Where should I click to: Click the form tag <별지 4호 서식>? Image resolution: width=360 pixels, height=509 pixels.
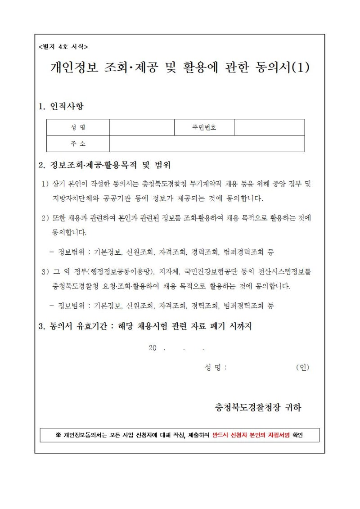63,47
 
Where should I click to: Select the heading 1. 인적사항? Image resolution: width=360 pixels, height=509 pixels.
61,107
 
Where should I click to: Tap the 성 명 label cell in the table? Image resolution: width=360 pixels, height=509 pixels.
78,127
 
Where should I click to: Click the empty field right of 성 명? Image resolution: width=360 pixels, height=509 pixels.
142,127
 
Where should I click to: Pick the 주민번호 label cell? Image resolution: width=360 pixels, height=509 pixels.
204,127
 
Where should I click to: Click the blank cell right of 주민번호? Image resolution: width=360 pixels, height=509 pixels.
269,127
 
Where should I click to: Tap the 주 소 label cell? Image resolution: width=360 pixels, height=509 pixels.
78,144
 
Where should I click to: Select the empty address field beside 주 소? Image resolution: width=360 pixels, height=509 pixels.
207,144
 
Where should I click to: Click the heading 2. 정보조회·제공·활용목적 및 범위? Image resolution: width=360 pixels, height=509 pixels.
105,165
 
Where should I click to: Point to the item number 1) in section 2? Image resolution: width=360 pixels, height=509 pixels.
45,184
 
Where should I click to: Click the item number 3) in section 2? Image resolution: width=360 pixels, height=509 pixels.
45,272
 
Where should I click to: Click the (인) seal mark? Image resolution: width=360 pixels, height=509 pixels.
302,367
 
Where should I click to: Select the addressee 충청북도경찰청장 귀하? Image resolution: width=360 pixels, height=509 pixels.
258,408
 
